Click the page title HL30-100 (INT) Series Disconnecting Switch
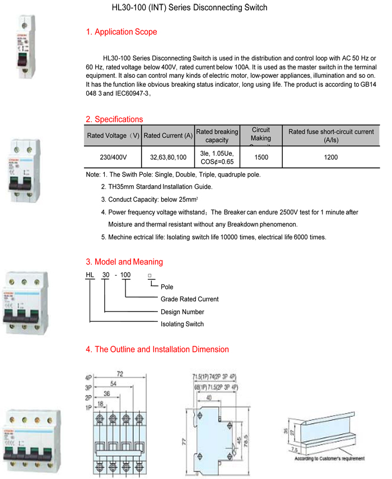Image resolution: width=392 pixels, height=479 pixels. [x=189, y=8]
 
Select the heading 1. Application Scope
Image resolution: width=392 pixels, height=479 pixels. [x=122, y=32]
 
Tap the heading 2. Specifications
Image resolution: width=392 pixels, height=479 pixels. [x=114, y=119]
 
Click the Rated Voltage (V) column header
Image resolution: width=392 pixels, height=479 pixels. [x=113, y=136]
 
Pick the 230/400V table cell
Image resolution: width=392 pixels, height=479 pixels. [x=113, y=157]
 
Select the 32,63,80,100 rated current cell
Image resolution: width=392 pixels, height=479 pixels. [x=168, y=157]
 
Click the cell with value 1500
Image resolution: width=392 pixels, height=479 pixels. [x=261, y=157]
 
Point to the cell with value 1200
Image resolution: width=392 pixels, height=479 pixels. [x=331, y=157]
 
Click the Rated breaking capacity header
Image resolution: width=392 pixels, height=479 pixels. [x=217, y=136]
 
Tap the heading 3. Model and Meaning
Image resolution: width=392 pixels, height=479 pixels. [x=124, y=262]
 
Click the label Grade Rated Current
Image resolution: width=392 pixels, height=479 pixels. [x=189, y=299]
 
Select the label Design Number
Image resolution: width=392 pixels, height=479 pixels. [x=183, y=312]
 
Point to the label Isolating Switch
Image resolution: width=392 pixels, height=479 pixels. [x=183, y=324]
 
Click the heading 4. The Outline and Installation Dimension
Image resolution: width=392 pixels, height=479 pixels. [x=157, y=350]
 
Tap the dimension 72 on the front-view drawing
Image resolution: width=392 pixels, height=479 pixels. [x=119, y=373]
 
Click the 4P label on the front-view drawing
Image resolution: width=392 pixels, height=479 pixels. [x=88, y=377]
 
